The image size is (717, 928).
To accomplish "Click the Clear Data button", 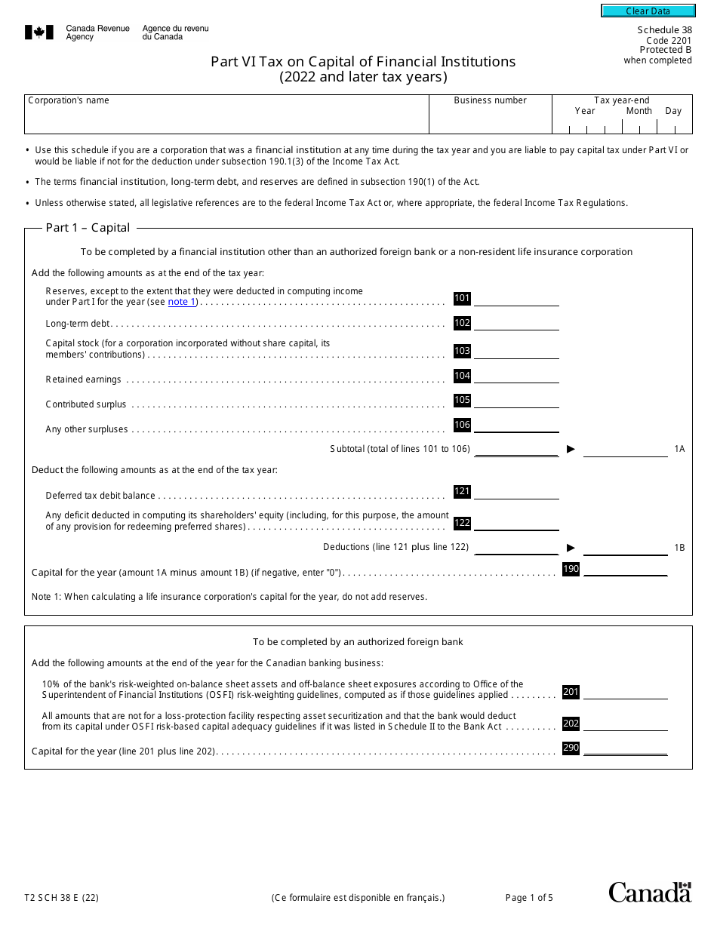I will [648, 11].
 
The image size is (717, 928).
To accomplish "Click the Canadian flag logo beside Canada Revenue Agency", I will [39, 32].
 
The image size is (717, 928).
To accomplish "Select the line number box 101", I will [462, 298].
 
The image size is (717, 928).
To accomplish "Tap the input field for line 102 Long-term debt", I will [516, 324].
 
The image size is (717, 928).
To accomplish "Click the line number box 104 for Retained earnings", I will [462, 376].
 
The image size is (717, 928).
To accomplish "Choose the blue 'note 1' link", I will [181, 302].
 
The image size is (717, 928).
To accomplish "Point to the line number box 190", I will [571, 569].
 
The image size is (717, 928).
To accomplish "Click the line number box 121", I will [462, 491].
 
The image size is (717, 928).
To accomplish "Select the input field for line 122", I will [516, 524].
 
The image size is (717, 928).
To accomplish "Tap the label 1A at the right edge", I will [679, 449].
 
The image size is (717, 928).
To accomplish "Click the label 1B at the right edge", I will [679, 547].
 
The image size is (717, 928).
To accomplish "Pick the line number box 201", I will [571, 692].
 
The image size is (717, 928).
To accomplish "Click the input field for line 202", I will [626, 724].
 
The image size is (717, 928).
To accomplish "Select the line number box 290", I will [571, 748].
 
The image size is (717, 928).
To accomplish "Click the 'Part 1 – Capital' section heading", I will [88, 228].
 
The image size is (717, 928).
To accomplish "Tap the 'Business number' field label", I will [491, 100].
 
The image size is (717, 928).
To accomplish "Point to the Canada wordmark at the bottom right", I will [650, 892].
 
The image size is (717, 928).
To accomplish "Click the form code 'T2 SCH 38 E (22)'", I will [61, 898].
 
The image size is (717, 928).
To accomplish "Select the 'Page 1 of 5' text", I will [529, 898].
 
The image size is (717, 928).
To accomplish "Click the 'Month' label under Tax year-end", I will [639, 111].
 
